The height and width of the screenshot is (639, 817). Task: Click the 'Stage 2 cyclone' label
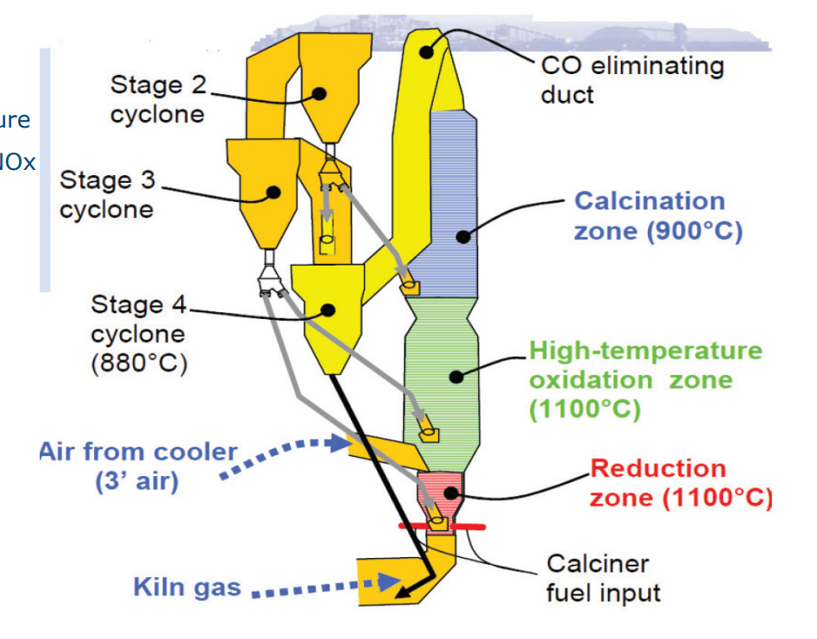click(x=158, y=99)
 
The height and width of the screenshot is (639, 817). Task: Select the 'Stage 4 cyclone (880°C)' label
click(x=138, y=334)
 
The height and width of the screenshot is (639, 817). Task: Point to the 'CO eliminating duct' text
click(x=632, y=78)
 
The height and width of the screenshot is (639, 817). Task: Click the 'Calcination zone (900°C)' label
click(x=657, y=216)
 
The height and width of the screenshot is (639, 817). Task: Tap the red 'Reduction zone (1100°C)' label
click(x=681, y=483)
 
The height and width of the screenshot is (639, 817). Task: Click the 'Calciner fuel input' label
click(x=603, y=578)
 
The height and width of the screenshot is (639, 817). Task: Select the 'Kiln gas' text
click(x=187, y=588)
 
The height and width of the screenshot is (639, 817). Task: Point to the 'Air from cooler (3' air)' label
click(x=138, y=466)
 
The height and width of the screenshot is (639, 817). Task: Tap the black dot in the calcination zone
click(x=462, y=235)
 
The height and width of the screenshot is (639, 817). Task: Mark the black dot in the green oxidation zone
click(x=457, y=375)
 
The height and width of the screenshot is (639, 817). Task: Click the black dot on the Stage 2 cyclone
click(x=319, y=93)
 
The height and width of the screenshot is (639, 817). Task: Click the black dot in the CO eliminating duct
click(x=425, y=52)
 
